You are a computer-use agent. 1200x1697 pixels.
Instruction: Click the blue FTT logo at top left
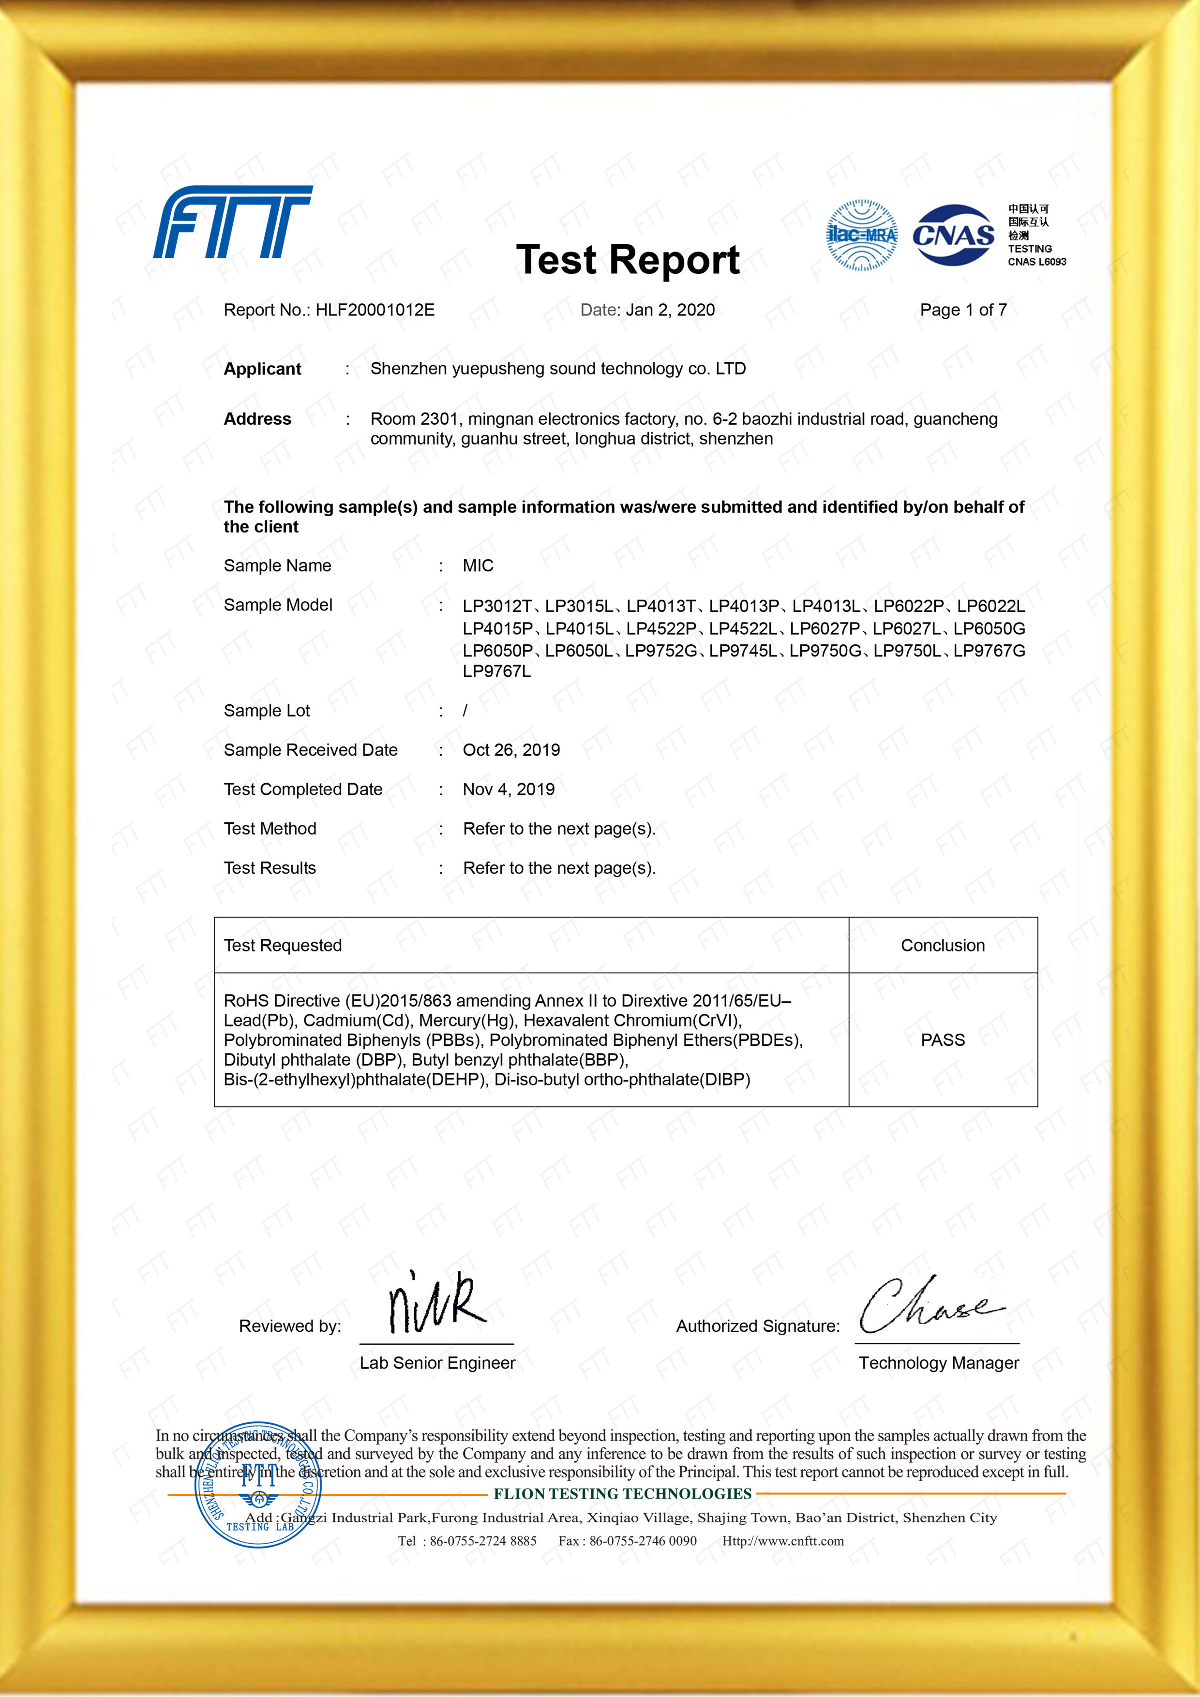232,222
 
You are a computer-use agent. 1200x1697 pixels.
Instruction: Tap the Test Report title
627,260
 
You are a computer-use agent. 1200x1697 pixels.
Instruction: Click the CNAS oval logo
953,235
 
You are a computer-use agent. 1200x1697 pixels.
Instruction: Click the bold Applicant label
262,369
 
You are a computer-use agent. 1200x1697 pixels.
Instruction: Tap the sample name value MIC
478,566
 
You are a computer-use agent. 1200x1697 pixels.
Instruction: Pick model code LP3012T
497,607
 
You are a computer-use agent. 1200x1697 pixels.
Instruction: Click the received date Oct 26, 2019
511,750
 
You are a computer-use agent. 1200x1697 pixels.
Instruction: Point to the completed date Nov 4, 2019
508,789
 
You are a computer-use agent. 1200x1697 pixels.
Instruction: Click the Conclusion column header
942,945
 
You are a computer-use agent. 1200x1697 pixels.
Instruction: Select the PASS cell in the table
942,1040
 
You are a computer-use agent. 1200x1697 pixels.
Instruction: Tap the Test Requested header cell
283,945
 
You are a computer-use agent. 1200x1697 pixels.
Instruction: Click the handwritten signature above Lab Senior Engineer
436,1305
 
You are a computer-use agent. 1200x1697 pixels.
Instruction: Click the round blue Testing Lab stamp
257,1486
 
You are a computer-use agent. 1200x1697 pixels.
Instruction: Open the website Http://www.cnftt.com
782,1541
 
